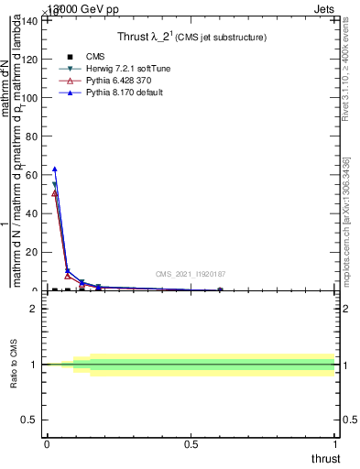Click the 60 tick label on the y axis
pos(33,175)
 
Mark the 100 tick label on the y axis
pos(30,98)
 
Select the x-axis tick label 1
pos(335,444)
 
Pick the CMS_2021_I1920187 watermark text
pos(191,274)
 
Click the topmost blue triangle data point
pos(55,169)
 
